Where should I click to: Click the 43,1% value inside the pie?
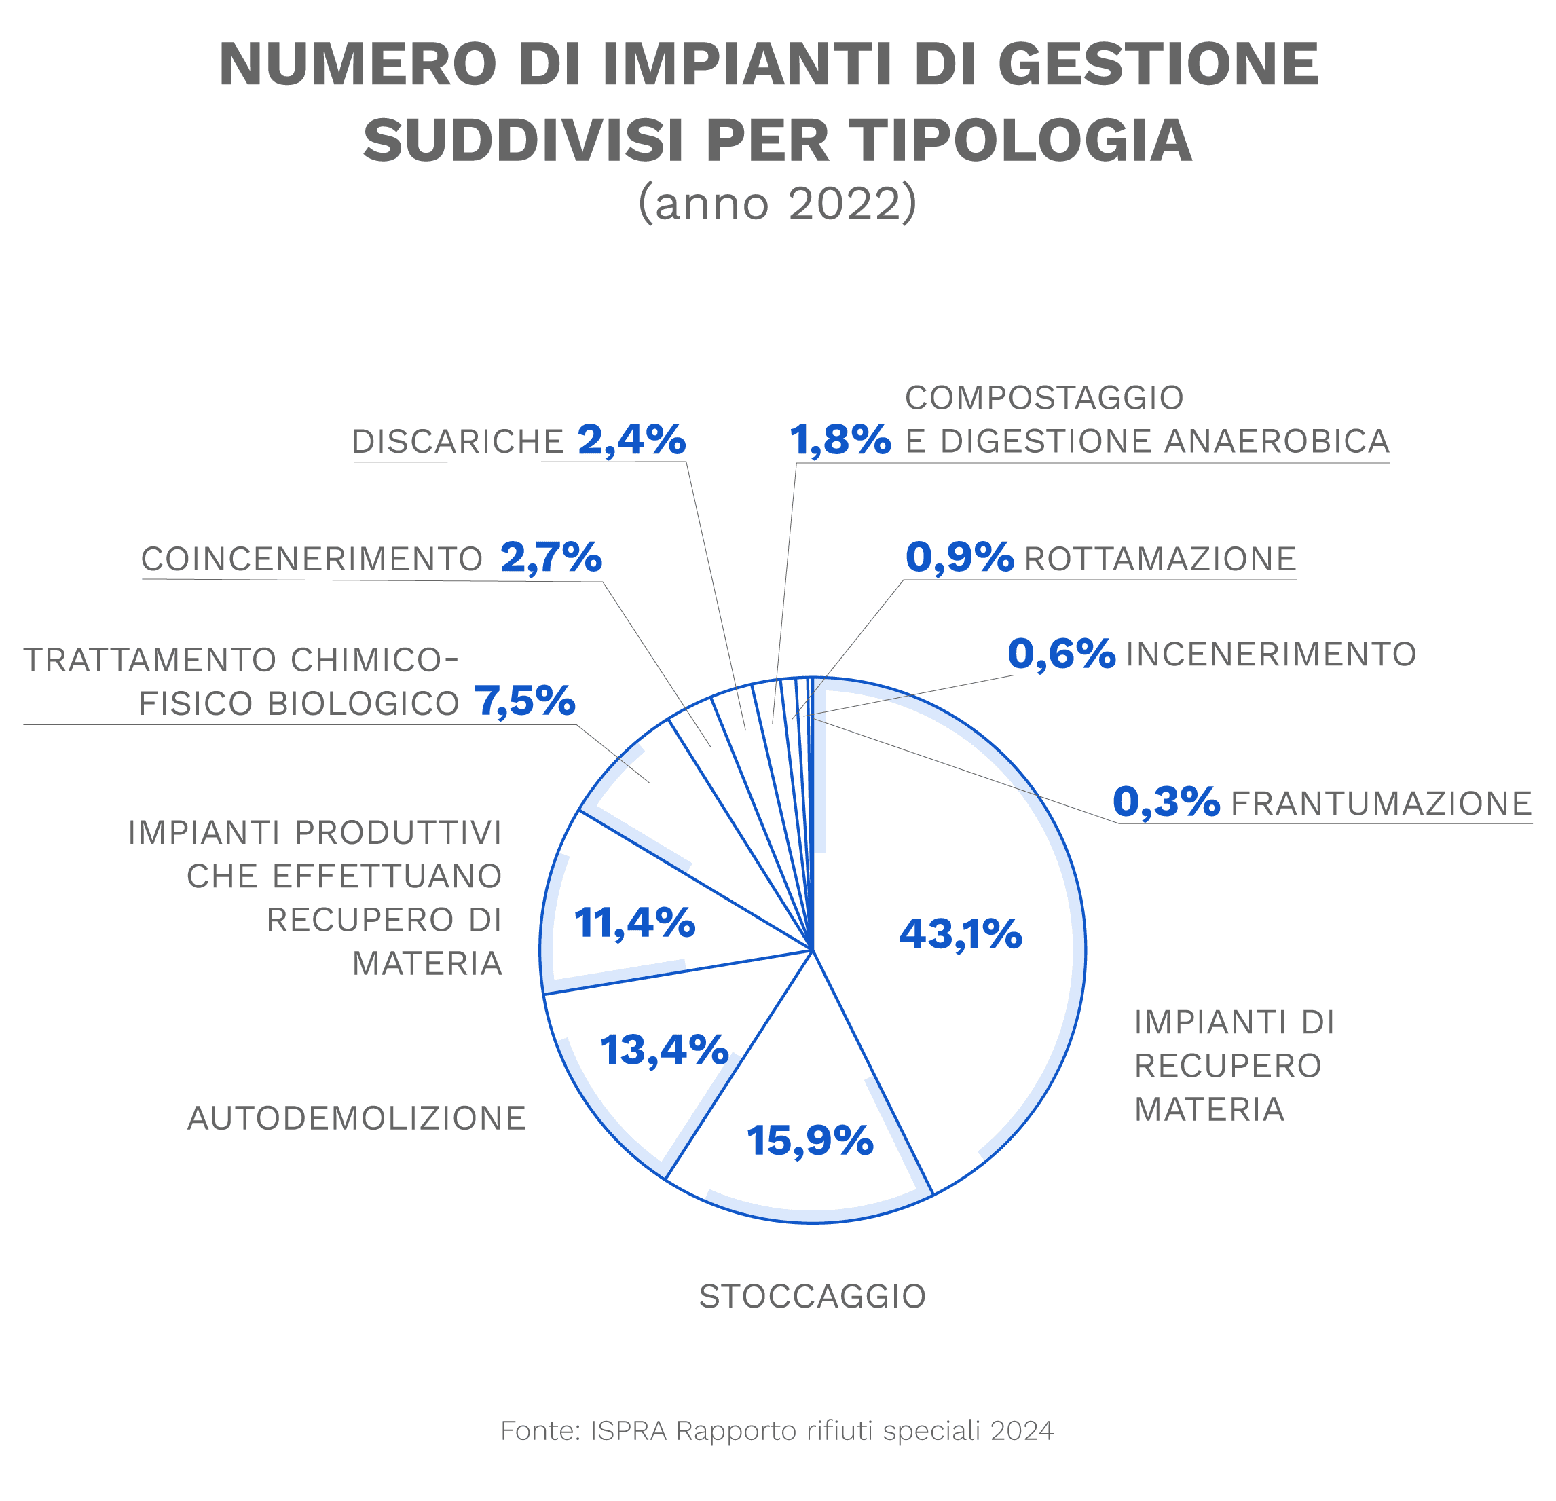[960, 933]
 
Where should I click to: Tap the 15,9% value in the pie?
[810, 1141]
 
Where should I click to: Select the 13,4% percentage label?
[664, 1050]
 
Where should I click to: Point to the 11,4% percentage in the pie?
[634, 923]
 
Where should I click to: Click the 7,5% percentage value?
[525, 701]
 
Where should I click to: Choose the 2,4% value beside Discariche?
[632, 440]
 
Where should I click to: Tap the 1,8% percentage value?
[840, 441]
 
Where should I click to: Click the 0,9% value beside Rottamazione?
[959, 557]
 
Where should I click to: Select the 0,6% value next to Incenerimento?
[1061, 654]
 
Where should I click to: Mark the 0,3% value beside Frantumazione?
[1166, 802]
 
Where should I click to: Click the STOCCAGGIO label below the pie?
[812, 1296]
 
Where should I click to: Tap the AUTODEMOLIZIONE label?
[356, 1118]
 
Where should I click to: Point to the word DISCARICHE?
[458, 442]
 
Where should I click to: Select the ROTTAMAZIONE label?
[1160, 559]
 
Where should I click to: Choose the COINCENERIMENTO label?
[312, 559]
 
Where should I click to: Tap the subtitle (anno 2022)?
[777, 203]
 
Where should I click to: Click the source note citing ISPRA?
[777, 1430]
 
